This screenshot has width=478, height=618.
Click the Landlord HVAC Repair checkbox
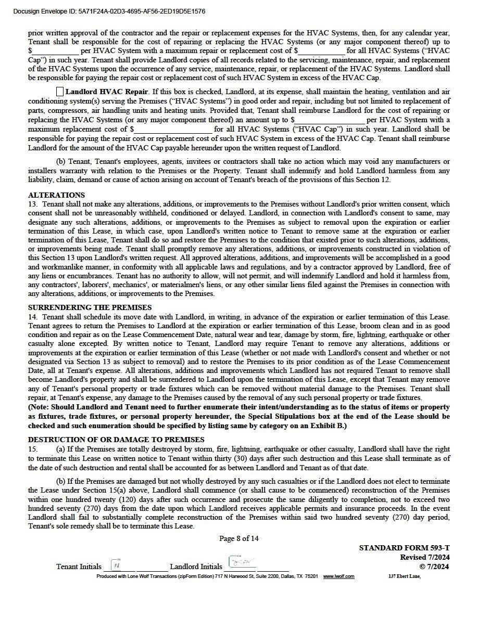point(60,92)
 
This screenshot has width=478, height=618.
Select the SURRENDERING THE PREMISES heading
point(90,307)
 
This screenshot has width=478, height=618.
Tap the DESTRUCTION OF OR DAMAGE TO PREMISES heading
point(116,440)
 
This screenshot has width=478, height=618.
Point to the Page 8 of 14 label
point(239,538)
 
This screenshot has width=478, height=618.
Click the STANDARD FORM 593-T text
point(404,548)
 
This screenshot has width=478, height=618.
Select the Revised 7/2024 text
point(424,557)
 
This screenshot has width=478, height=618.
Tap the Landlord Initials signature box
point(242,563)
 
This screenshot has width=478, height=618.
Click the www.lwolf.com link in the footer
point(338,576)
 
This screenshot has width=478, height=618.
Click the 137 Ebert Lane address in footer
point(404,576)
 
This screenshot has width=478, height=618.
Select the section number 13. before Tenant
point(33,204)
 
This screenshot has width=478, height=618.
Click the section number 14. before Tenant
point(33,317)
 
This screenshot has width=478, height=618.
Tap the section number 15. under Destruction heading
point(33,449)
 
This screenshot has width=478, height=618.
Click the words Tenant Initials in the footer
point(79,566)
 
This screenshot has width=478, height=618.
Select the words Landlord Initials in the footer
point(196,566)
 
